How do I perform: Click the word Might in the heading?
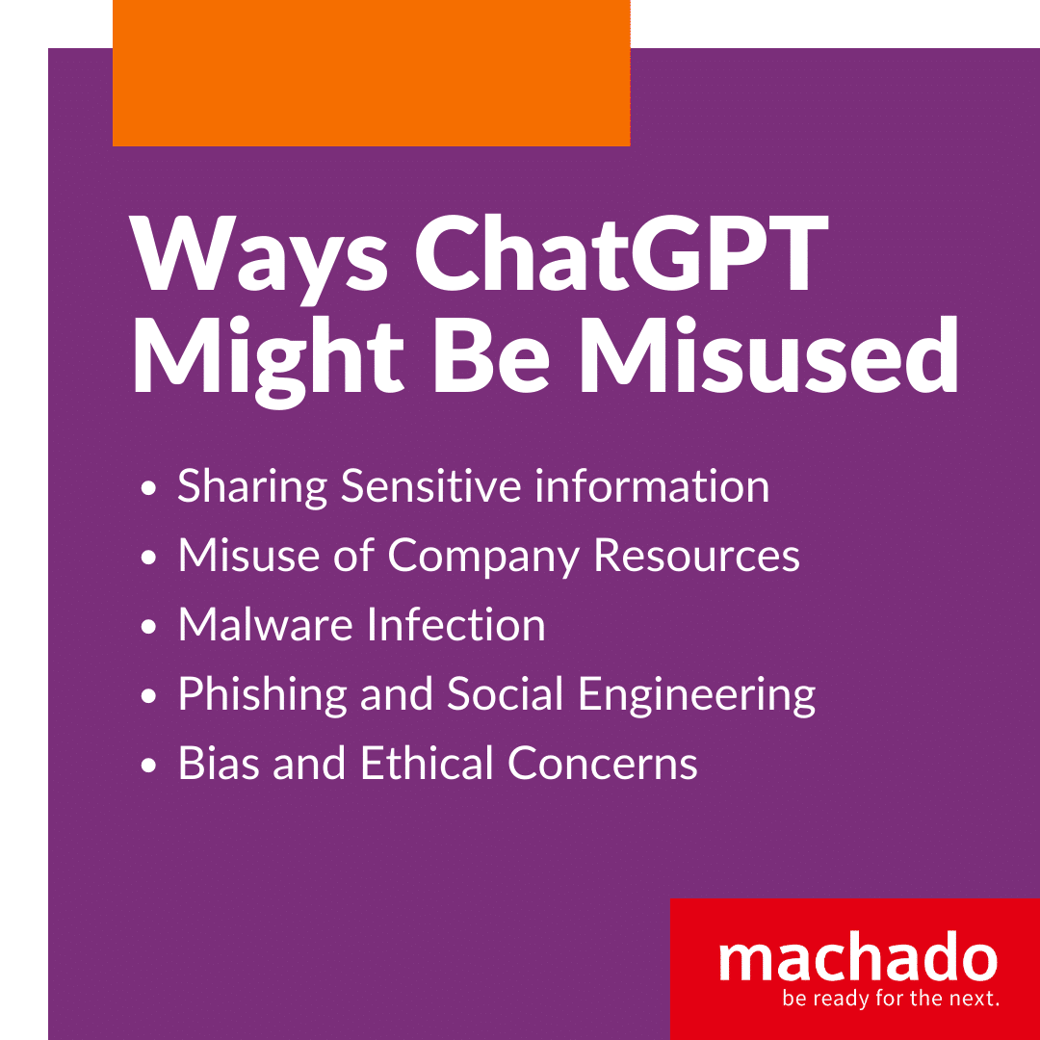pyautogui.click(x=269, y=361)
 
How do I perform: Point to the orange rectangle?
pyautogui.click(x=372, y=73)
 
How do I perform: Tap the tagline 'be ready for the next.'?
pyautogui.click(x=891, y=998)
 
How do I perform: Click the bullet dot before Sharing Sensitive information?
pyautogui.click(x=148, y=488)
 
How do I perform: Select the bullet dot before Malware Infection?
pyautogui.click(x=148, y=627)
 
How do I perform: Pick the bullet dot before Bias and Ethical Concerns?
pyautogui.click(x=148, y=766)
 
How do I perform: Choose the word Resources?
pyautogui.click(x=696, y=555)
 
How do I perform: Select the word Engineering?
pyautogui.click(x=696, y=696)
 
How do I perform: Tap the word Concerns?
pyautogui.click(x=603, y=764)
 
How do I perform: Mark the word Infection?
pyautogui.click(x=455, y=624)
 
